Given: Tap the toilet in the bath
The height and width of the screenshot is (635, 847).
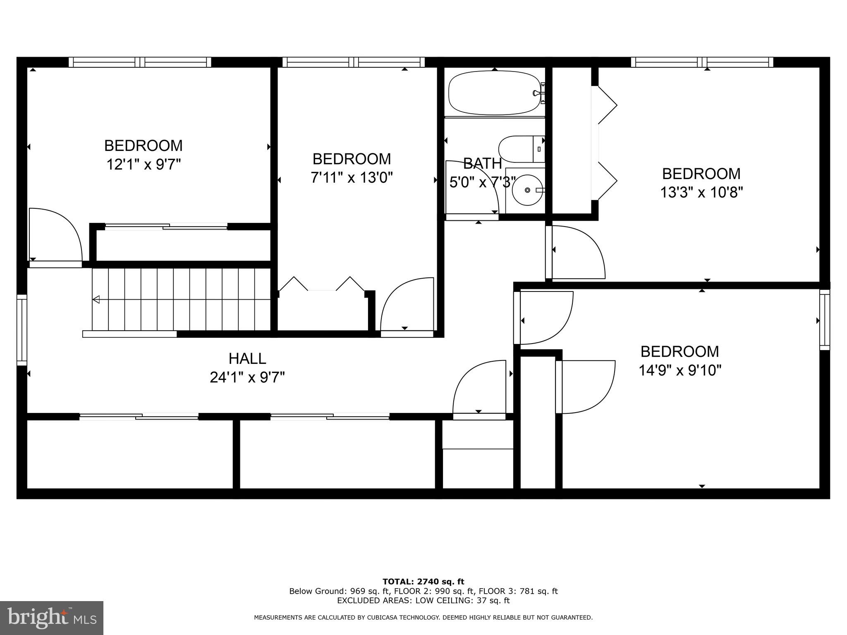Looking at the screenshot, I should pyautogui.click(x=521, y=149).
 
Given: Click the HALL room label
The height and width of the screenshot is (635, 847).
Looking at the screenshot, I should pyautogui.click(x=247, y=358).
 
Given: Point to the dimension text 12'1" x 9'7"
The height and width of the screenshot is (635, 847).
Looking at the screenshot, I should pyautogui.click(x=144, y=165).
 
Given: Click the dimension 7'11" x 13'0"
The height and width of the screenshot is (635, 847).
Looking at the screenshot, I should pyautogui.click(x=352, y=178).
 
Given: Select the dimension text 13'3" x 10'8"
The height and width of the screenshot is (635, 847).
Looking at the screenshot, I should pyautogui.click(x=701, y=192).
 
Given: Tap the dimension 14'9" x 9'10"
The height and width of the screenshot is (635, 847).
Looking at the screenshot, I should pyautogui.click(x=680, y=370).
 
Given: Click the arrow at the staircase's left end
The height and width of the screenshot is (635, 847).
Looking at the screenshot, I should pyautogui.click(x=96, y=299).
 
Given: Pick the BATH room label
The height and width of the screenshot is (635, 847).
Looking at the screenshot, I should pyautogui.click(x=482, y=164).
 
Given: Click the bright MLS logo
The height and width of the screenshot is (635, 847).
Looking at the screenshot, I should pyautogui.click(x=52, y=618).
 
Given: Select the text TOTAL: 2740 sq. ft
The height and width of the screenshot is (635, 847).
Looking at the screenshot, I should pyautogui.click(x=423, y=582).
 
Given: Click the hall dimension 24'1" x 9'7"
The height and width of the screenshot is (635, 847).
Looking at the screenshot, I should pyautogui.click(x=247, y=377).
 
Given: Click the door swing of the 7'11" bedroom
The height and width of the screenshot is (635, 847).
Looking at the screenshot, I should pyautogui.click(x=407, y=304).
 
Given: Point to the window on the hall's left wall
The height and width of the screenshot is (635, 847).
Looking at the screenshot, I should pyautogui.click(x=22, y=329).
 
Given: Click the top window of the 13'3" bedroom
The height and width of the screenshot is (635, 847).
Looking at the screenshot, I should pyautogui.click(x=702, y=62).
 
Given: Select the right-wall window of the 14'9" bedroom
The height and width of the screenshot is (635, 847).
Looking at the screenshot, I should pyautogui.click(x=825, y=320).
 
